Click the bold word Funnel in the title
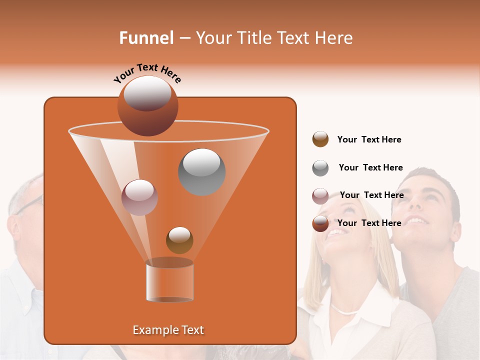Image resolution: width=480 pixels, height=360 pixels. (146, 38)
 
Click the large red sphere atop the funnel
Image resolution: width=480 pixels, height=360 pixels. (147, 105)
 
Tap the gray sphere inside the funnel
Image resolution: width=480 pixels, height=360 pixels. (201, 171)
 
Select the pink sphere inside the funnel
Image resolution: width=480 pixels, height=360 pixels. (139, 197)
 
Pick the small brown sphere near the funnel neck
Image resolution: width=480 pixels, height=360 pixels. (179, 240)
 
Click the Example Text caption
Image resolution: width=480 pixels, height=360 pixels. (168, 330)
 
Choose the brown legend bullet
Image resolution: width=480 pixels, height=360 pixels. (320, 139)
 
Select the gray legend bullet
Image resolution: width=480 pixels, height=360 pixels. (320, 168)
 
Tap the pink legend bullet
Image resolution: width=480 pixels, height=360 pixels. (320, 196)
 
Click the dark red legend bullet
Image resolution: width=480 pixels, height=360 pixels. (320, 223)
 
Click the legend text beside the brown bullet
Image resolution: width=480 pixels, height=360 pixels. (369, 139)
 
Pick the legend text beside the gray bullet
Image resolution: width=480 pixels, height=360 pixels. (370, 167)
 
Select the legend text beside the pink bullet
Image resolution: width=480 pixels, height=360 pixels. (371, 195)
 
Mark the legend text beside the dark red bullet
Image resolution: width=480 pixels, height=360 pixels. (369, 223)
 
